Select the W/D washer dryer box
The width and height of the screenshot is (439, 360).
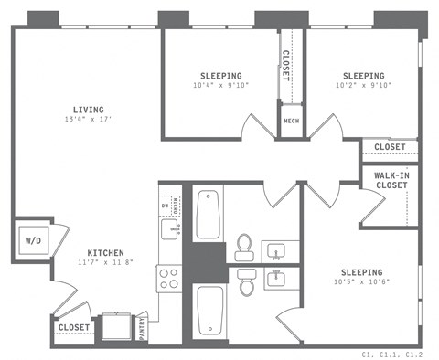(x=32, y=241)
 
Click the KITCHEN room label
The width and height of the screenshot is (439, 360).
(x=105, y=253)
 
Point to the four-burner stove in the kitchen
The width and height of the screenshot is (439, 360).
(x=169, y=277)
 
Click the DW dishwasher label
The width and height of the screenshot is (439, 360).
(x=165, y=206)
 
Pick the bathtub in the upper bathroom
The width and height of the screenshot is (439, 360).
(x=207, y=214)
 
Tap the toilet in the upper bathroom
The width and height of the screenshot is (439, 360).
(x=244, y=246)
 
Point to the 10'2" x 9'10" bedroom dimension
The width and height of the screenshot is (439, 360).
(x=363, y=87)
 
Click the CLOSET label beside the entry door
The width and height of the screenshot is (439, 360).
(x=73, y=327)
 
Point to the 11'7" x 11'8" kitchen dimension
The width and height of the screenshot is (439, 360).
(x=105, y=264)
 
